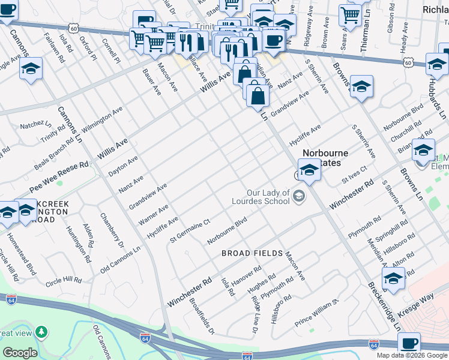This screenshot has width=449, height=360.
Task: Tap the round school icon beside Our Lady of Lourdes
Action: (298, 196)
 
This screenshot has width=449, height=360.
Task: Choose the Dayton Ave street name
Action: (123, 166)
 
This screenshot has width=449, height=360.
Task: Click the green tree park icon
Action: (41, 332)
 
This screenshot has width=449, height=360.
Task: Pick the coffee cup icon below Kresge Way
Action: (409, 344)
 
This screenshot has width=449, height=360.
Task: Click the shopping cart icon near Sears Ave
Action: (350, 14)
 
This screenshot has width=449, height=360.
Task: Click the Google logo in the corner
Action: (19, 353)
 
